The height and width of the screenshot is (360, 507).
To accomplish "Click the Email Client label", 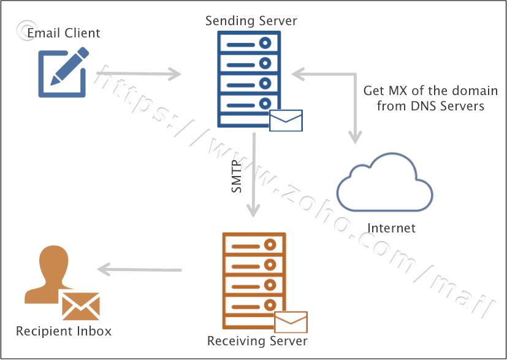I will tap(63, 33).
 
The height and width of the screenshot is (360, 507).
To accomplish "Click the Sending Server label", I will tap(251, 21).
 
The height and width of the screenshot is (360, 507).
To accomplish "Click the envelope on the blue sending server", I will tap(286, 121).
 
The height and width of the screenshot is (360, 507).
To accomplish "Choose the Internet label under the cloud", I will tap(391, 228).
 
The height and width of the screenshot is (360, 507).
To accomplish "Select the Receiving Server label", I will tap(257, 341).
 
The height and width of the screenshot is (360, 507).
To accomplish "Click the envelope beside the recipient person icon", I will tap(80, 306).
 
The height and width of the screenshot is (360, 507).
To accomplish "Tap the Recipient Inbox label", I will tap(64, 331).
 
